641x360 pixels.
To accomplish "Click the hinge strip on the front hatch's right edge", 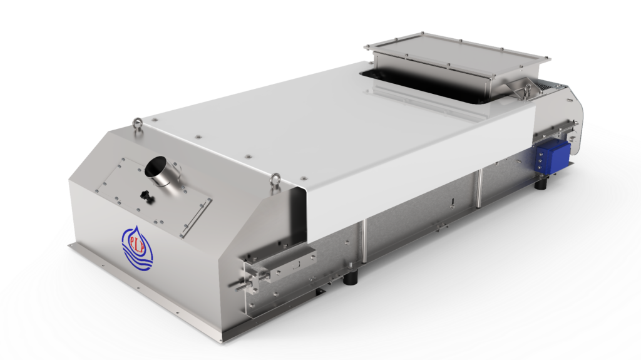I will (196, 215).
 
